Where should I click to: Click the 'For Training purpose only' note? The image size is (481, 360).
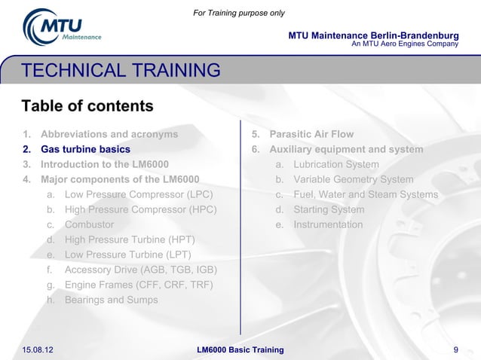[239, 13]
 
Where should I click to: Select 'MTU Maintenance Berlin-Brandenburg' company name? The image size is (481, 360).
[373, 35]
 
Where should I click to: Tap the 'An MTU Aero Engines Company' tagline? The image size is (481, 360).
[405, 44]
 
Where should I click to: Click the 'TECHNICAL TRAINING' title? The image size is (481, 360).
[121, 72]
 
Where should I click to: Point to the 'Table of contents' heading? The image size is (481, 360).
[87, 105]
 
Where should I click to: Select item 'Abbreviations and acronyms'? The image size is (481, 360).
[109, 135]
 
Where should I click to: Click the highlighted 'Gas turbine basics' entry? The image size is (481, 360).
[85, 150]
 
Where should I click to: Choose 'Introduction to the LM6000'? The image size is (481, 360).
[104, 165]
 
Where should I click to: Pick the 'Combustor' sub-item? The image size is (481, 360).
[89, 225]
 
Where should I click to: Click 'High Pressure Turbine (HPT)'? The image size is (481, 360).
[130, 240]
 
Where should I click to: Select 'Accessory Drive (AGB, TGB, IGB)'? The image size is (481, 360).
[142, 270]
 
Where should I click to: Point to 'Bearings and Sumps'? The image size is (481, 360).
[111, 301]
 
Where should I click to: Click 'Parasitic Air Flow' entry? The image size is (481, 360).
[311, 135]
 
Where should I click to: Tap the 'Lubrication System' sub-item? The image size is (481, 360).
[336, 165]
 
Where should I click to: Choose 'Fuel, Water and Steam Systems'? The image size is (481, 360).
[366, 195]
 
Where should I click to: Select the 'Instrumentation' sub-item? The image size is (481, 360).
[328, 225]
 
